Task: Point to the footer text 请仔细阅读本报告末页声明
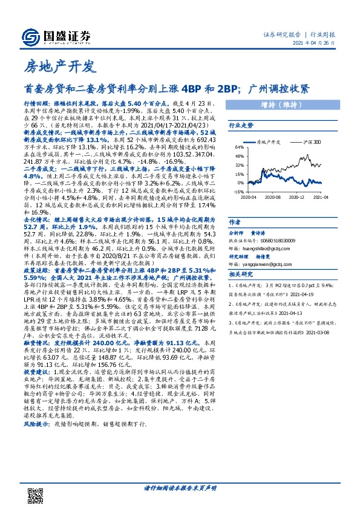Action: (179, 487)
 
